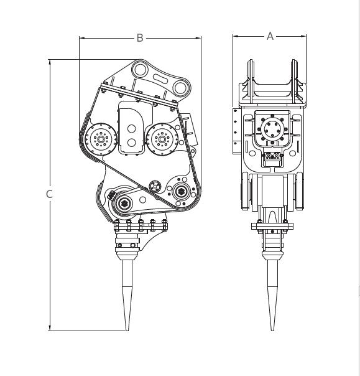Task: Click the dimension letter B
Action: point(140,38)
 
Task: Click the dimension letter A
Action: point(270,36)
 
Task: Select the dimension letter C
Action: point(49,194)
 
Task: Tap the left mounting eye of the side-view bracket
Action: point(141,70)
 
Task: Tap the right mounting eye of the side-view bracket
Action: point(180,88)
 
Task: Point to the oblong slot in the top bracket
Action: point(160,78)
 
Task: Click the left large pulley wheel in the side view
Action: point(101,139)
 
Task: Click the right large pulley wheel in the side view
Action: point(162,139)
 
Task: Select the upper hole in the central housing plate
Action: point(131,128)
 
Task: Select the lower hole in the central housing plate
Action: point(131,143)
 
